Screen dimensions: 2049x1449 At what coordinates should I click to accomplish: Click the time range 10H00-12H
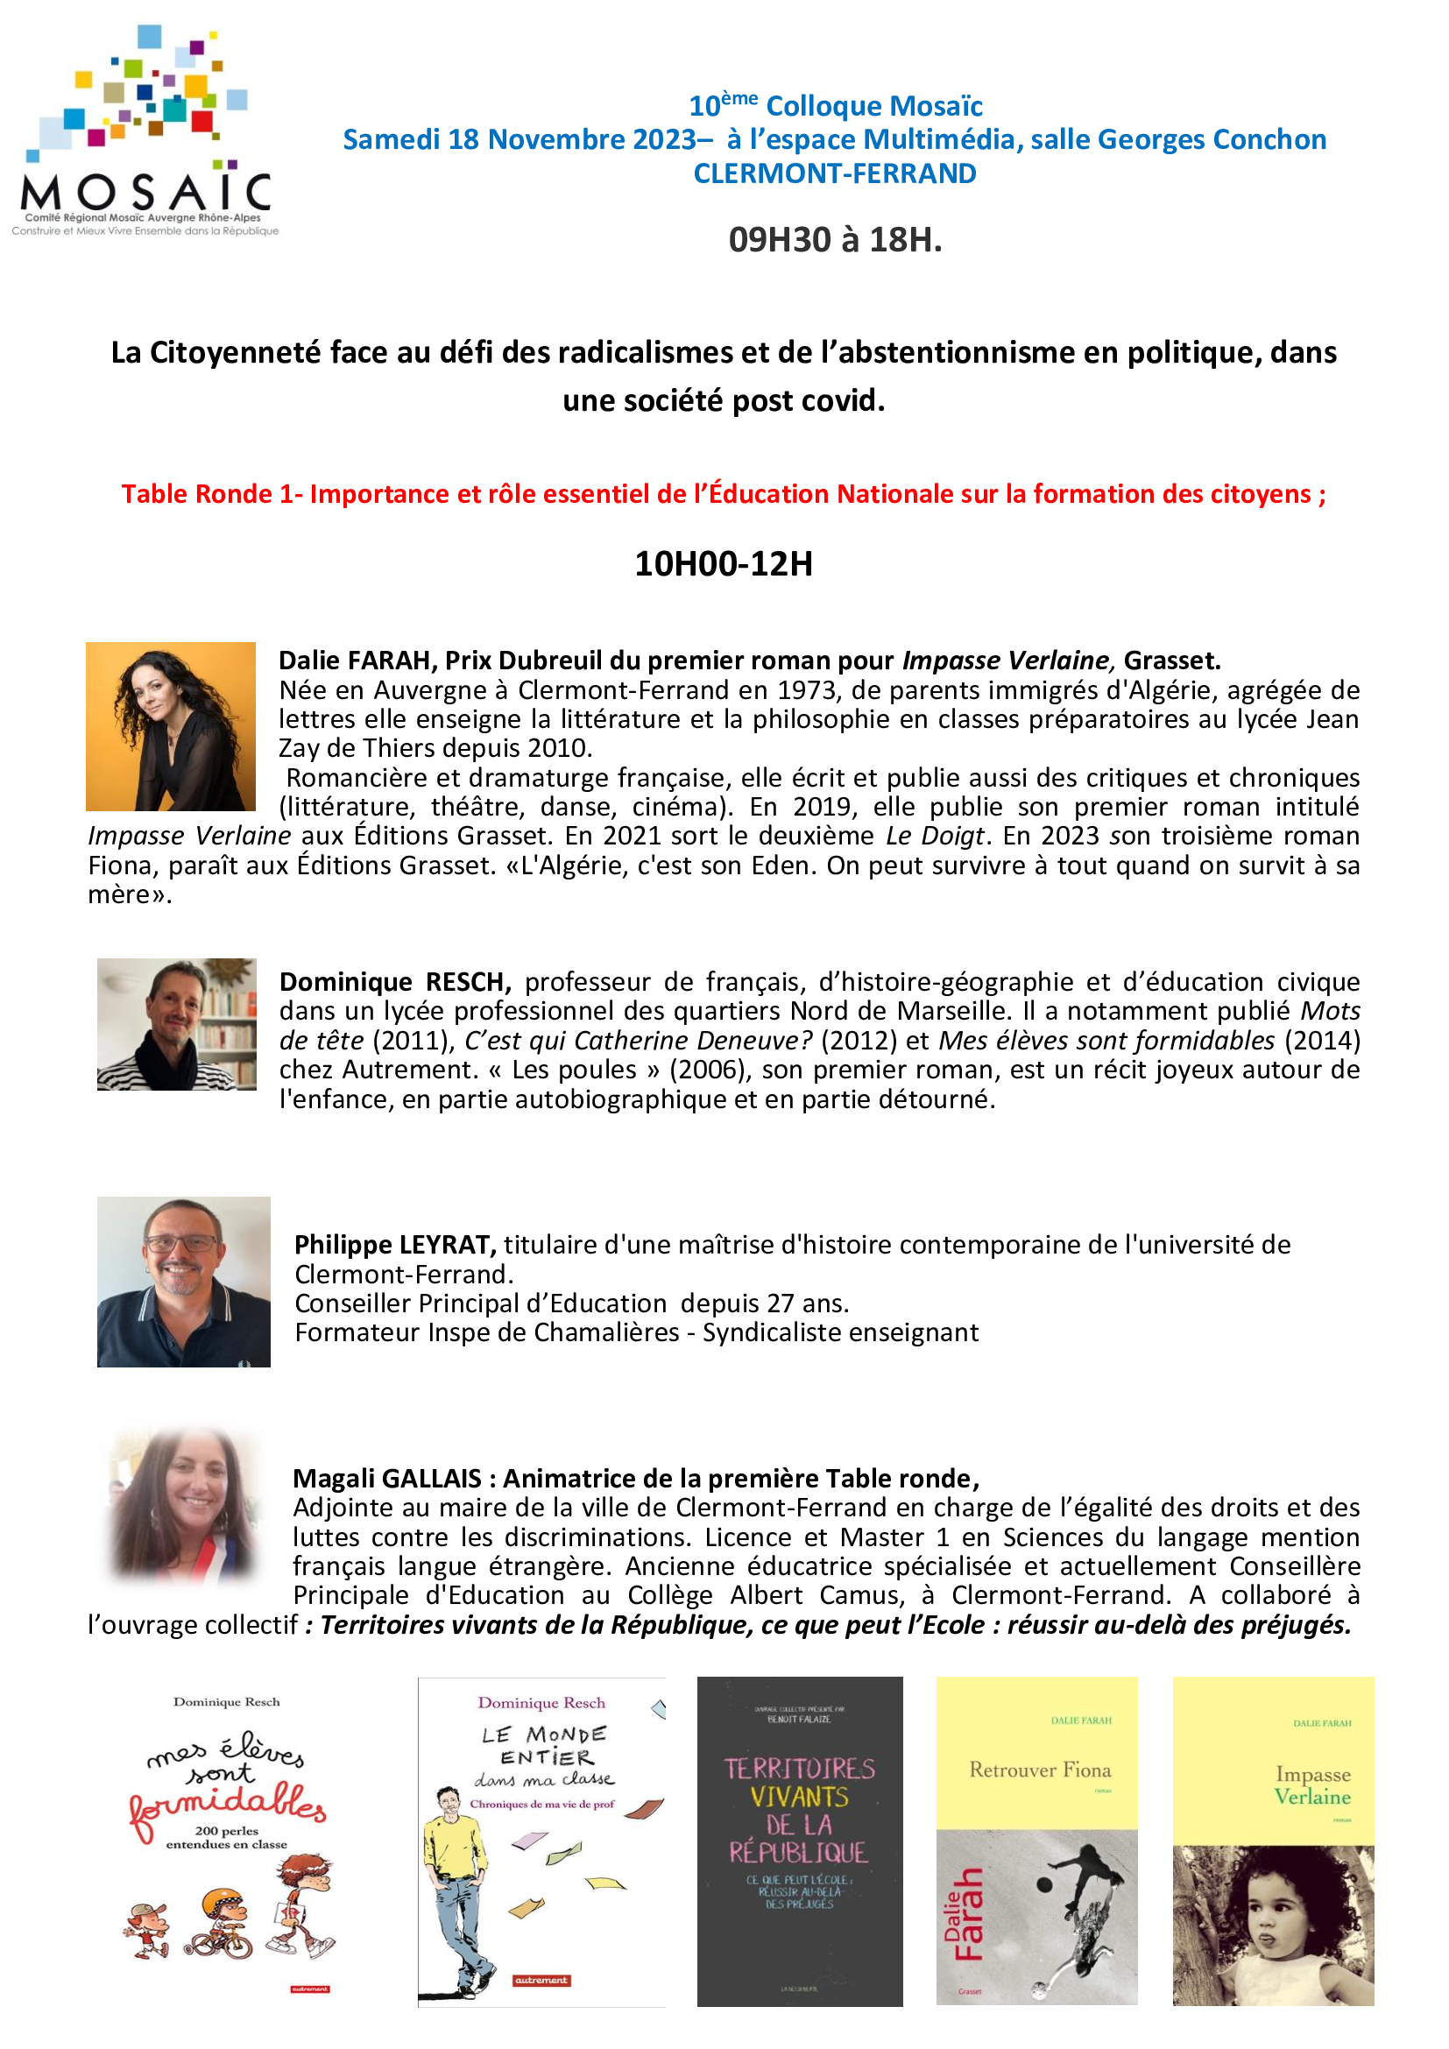pos(724,564)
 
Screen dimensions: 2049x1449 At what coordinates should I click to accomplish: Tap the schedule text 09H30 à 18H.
pos(835,239)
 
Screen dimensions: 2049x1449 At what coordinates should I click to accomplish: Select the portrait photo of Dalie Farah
pos(171,726)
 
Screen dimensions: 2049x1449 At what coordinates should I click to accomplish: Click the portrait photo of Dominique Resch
pos(177,1025)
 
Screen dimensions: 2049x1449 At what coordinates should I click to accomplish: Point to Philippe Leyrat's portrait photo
pos(184,1282)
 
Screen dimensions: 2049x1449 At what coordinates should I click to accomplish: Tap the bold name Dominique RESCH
pos(394,982)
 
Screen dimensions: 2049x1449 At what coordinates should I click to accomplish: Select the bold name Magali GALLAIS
pos(387,1479)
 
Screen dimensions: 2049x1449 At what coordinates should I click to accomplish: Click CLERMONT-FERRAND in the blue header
pos(835,173)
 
